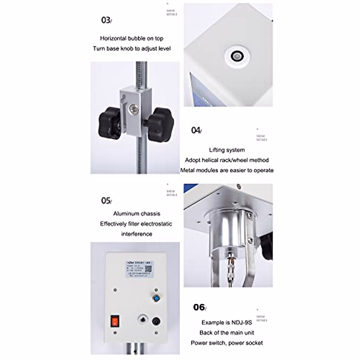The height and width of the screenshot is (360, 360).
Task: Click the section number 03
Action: (x=106, y=20)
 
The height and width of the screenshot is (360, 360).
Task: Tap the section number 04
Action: (x=196, y=130)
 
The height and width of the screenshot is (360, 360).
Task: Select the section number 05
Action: (x=106, y=200)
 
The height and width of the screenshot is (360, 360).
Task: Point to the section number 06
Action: (x=199, y=307)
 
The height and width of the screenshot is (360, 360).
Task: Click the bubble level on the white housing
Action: (x=237, y=56)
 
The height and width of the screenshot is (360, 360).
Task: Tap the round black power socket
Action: (x=156, y=322)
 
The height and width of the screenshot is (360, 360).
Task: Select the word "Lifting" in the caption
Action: (x=216, y=150)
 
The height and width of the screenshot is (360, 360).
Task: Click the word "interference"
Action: (x=136, y=234)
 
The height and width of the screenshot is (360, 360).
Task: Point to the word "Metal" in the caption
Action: (x=187, y=170)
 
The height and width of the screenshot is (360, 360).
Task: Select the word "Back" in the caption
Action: (x=206, y=333)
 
